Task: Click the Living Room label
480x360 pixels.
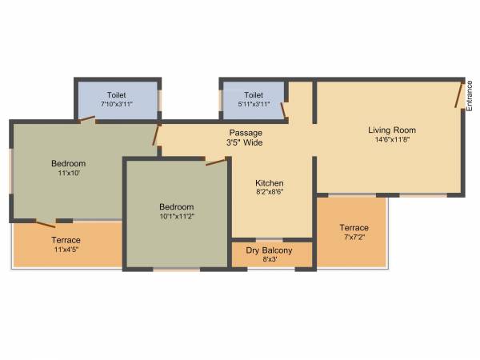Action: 392,130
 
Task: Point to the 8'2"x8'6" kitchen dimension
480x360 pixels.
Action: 270,192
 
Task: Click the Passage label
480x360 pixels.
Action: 245,133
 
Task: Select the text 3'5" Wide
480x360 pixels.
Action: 245,143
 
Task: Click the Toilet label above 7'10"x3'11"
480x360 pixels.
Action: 117,94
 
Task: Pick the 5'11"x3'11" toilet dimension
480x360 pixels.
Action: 254,104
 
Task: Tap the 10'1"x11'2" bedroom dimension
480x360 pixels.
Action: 176,215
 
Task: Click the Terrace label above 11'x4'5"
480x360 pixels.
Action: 66,240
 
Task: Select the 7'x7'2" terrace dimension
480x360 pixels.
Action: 353,238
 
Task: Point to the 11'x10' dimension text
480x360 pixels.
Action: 69,173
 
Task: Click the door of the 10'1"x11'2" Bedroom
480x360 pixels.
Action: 215,162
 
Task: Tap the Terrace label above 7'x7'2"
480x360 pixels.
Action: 353,227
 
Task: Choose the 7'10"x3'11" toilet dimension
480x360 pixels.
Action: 117,104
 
